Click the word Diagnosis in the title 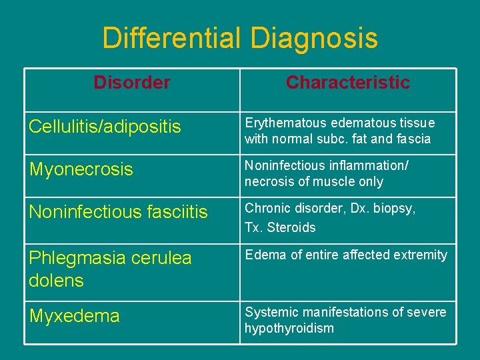(314, 38)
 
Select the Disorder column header (132, 83)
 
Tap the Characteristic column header (347, 83)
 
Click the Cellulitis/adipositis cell (105, 127)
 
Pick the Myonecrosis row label (81, 169)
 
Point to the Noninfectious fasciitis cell (118, 212)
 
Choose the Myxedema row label (74, 316)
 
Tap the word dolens (56, 281)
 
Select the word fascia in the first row (414, 139)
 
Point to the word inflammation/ (376, 165)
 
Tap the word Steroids (291, 227)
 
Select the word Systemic (267, 312)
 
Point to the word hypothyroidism (289, 328)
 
